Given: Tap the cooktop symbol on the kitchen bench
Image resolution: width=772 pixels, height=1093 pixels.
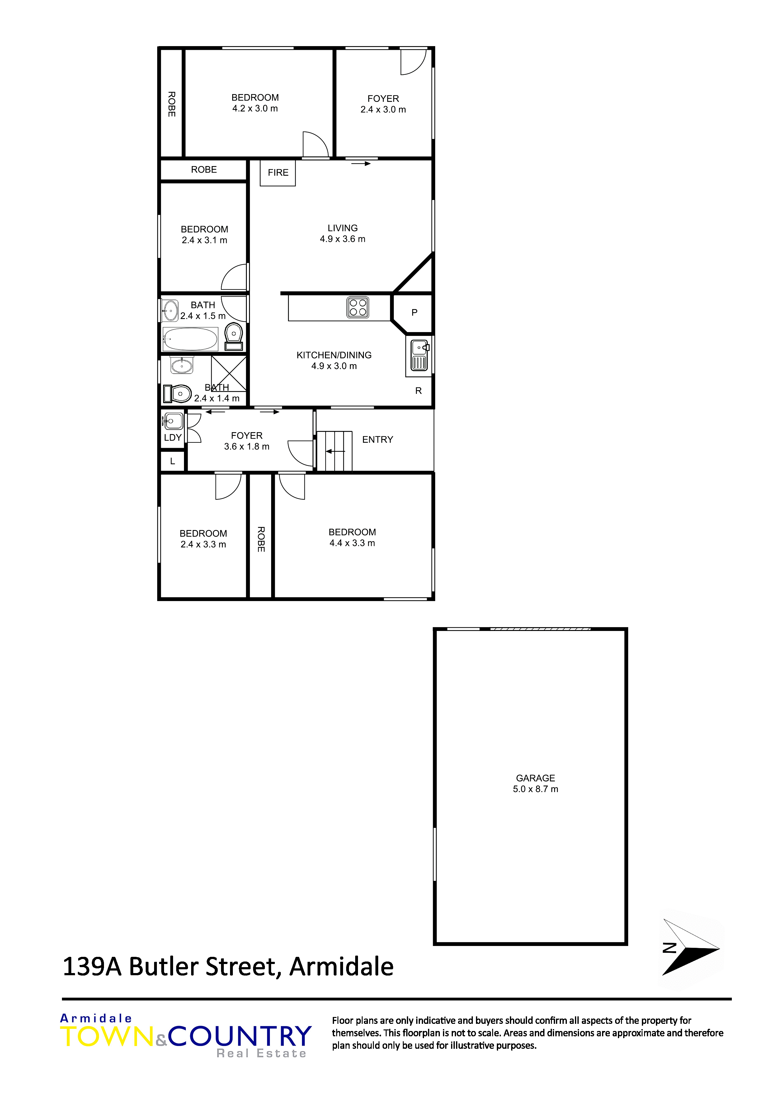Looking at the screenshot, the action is pyautogui.click(x=358, y=308).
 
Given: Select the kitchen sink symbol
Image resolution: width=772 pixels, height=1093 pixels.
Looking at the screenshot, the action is pyautogui.click(x=419, y=356).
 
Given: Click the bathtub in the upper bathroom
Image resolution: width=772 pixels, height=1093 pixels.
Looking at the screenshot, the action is pyautogui.click(x=190, y=339).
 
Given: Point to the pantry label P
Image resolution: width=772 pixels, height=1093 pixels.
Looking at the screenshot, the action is pyautogui.click(x=414, y=313).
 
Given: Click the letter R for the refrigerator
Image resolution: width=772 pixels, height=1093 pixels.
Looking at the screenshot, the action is pyautogui.click(x=419, y=391).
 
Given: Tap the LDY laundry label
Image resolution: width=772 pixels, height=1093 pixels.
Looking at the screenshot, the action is pyautogui.click(x=173, y=437).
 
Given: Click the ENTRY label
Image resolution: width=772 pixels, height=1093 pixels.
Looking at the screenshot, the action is pyautogui.click(x=378, y=439).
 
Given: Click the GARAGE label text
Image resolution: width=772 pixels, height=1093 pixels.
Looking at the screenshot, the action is pyautogui.click(x=536, y=778).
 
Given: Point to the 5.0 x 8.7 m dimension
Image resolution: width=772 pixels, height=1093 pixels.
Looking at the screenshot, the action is pyautogui.click(x=536, y=789).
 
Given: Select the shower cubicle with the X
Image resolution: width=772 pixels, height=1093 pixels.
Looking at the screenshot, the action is pyautogui.click(x=229, y=374).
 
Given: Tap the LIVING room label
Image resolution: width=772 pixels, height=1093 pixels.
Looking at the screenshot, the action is pyautogui.click(x=342, y=228).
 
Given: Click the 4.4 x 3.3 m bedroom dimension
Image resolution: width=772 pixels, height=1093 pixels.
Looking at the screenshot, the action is pyautogui.click(x=352, y=543).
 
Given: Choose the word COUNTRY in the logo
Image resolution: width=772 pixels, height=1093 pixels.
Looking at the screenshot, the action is pyautogui.click(x=240, y=1036).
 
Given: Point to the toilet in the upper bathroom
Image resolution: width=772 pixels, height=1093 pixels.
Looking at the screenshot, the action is pyautogui.click(x=233, y=337).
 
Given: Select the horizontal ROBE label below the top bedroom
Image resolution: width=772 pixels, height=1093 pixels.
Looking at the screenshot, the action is pyautogui.click(x=204, y=169).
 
